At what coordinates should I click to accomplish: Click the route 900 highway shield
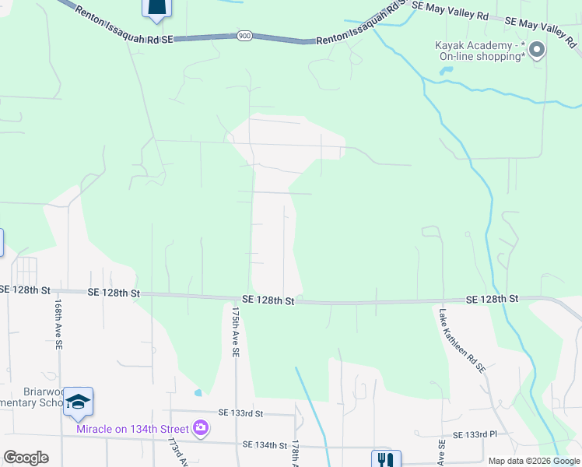(244, 36)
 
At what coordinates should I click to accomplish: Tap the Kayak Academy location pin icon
(537, 51)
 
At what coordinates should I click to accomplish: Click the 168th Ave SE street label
(58, 325)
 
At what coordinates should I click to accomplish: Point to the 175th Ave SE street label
(235, 331)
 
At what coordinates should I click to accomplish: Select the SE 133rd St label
(241, 413)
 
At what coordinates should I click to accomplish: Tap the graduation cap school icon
(78, 400)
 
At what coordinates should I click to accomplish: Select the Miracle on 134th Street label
(132, 429)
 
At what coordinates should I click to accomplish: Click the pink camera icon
(201, 427)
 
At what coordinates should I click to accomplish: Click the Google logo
(26, 458)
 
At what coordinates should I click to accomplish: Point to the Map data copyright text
(534, 461)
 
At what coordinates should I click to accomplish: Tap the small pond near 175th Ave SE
(198, 392)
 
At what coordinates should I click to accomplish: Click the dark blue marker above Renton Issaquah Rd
(156, 7)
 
